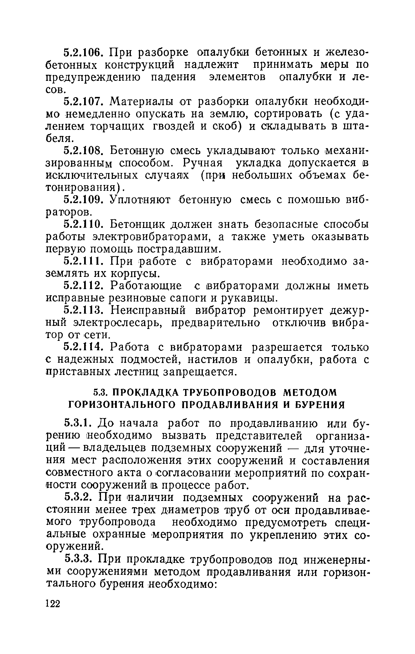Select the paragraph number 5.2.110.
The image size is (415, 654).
coord(84,225)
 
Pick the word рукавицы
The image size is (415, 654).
coord(247,298)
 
